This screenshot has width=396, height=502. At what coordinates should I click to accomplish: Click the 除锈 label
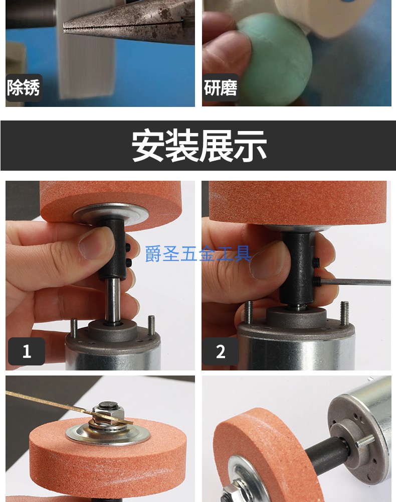pos(24,88)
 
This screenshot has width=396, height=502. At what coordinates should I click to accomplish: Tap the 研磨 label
pos(221,88)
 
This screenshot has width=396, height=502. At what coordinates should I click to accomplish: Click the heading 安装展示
pos(199,146)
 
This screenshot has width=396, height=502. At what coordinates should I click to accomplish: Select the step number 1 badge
pos(27,351)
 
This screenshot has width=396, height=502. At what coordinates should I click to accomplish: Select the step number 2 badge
pos(221,351)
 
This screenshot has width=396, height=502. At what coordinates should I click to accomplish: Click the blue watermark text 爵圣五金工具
pos(198,254)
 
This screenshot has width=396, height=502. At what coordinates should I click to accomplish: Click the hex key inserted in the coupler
pos(355,282)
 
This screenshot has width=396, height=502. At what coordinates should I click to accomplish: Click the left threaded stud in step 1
pos(74,328)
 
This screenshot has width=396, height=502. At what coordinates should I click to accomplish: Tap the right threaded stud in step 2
pos(344,313)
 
